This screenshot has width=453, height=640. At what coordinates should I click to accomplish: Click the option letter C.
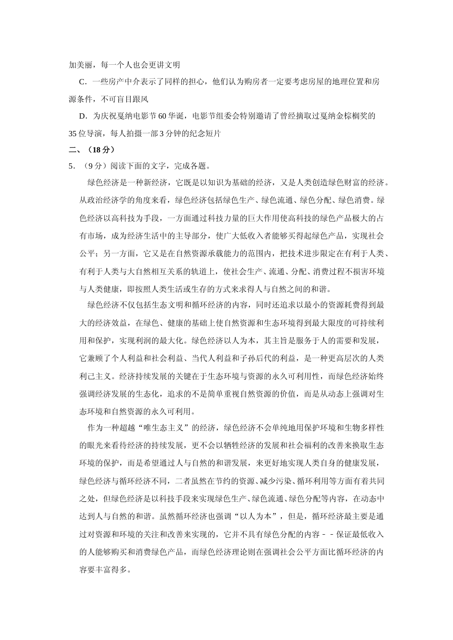pyautogui.click(x=82, y=82)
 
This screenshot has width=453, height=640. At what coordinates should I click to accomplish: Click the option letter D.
pyautogui.click(x=82, y=116)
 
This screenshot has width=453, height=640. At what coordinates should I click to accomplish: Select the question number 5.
pyautogui.click(x=72, y=166)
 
